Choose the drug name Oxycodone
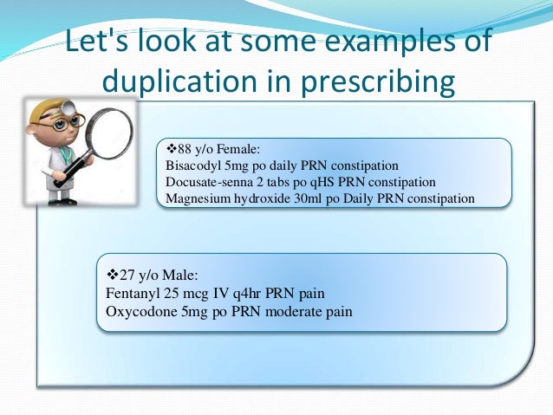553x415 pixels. (x=135, y=311)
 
